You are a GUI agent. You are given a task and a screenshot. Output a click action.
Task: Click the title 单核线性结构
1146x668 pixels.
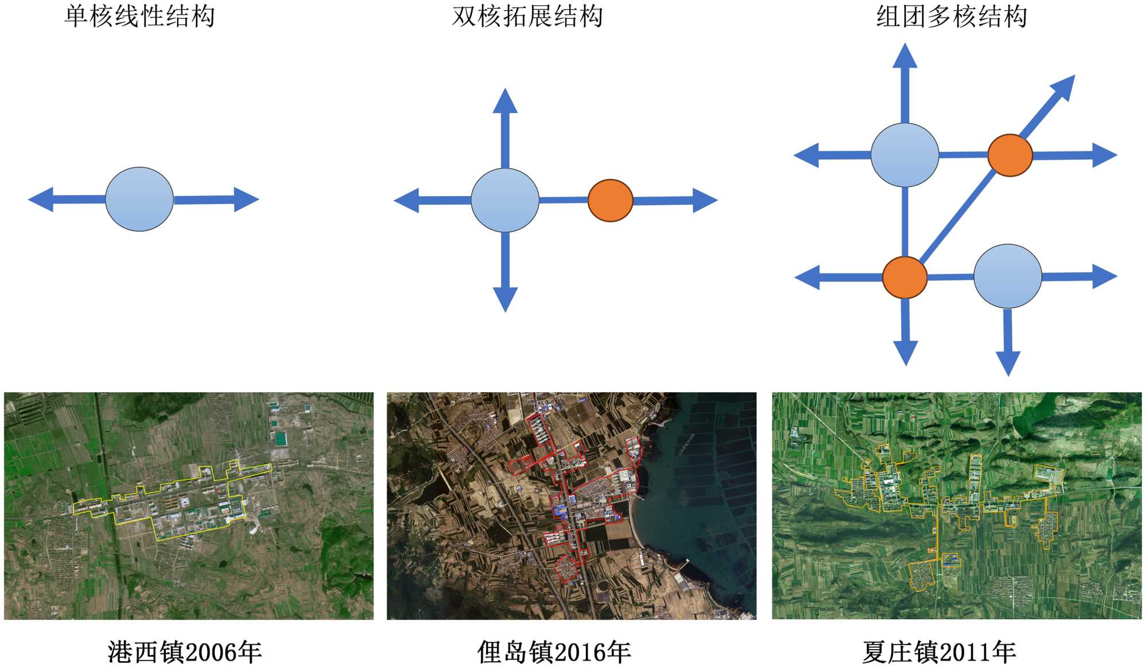[139, 17]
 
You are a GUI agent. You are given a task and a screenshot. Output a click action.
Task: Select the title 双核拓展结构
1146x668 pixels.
[527, 17]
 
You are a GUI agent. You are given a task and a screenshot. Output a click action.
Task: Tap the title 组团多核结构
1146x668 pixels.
[951, 17]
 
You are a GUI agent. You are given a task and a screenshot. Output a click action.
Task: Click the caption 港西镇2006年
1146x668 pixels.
[185, 652]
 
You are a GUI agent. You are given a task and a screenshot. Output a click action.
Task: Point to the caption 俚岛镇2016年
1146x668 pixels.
[554, 652]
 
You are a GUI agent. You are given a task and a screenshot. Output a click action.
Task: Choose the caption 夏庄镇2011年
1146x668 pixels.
[939, 652]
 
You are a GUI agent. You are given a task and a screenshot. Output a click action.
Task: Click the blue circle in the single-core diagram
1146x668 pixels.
[139, 200]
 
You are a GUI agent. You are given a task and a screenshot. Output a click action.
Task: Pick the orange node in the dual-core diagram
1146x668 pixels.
[611, 200]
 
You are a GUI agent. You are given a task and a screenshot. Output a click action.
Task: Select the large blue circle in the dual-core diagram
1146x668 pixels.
[505, 200]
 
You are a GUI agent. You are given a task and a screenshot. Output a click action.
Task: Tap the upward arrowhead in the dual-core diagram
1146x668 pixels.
[505, 102]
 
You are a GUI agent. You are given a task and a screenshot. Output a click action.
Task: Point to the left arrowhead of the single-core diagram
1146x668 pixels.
[42, 200]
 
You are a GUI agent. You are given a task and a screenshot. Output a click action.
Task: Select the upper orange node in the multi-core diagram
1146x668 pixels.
[1010, 155]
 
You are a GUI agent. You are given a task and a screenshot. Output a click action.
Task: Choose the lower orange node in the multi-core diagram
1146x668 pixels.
[905, 278]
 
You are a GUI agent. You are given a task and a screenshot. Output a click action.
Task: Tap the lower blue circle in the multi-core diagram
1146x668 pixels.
[1008, 276]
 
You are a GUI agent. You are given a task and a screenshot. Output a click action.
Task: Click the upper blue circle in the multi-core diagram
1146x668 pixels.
[905, 155]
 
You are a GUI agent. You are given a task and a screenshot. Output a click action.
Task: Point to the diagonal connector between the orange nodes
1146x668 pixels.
[957, 217]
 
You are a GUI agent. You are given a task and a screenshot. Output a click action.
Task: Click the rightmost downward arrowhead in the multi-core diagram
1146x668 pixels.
[1008, 362]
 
